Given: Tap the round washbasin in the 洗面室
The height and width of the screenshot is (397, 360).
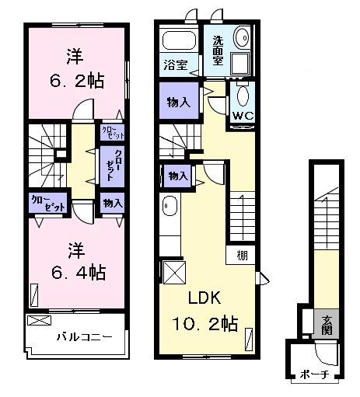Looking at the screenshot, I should pyautogui.click(x=242, y=36).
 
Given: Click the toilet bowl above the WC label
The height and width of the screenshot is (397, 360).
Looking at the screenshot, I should pyautogui.click(x=242, y=97).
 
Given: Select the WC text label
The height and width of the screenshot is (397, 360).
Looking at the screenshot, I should pyautogui.click(x=242, y=117).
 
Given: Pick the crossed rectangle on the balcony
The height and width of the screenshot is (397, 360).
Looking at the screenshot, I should pyautogui.click(x=38, y=320).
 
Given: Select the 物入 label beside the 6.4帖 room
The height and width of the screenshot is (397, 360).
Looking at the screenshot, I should pyautogui.click(x=112, y=204).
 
